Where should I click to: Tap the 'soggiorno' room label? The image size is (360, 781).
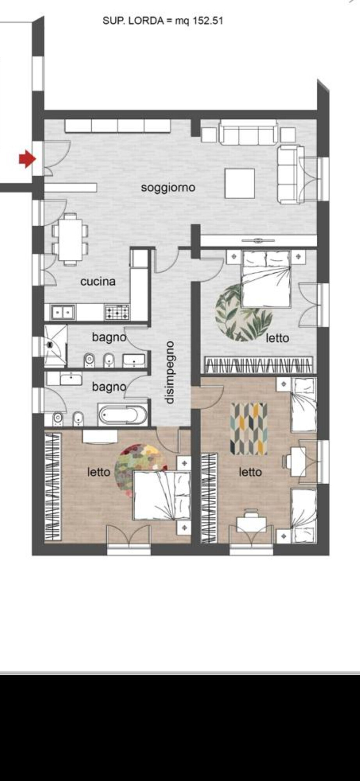point(168,188)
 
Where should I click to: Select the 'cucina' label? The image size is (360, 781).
point(98,281)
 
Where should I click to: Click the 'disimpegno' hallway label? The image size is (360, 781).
point(169,373)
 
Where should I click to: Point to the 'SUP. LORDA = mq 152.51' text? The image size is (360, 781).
point(163,21)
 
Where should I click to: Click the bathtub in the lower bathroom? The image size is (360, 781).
point(123,415)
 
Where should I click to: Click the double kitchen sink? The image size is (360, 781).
point(63,312)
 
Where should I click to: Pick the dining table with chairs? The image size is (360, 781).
point(70,239)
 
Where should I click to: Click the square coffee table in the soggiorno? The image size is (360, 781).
point(240,183)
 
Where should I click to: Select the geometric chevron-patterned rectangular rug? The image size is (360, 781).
point(249,429)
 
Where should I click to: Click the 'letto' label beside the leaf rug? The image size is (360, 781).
point(278,338)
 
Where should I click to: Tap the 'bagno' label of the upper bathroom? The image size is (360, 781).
point(109,337)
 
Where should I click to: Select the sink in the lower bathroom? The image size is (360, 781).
point(71,378)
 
